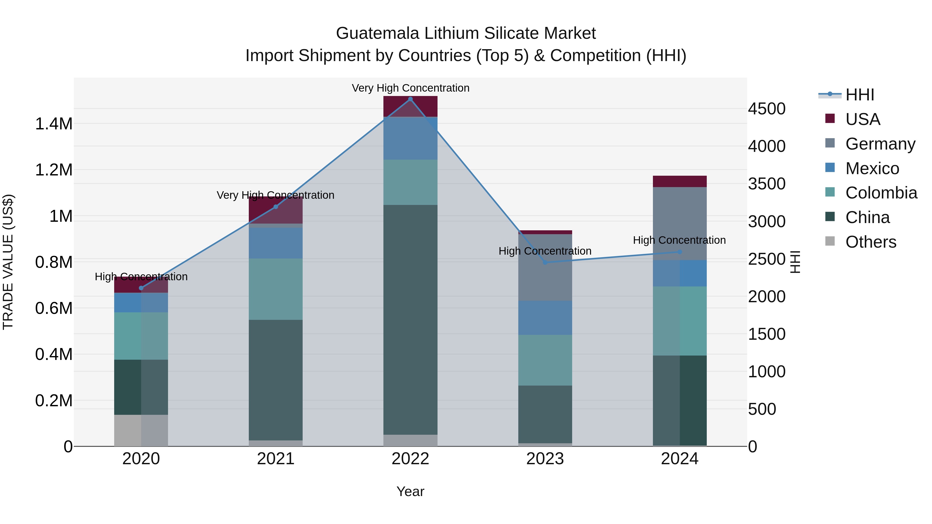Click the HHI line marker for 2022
click(410, 99)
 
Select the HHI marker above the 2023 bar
click(545, 262)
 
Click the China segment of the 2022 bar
click(410, 320)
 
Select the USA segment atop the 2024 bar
click(680, 181)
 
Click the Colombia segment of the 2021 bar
click(276, 289)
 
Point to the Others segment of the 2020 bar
click(141, 430)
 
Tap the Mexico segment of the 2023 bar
click(545, 318)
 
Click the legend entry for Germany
click(880, 144)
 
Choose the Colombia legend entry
click(881, 193)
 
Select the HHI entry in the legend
click(859, 95)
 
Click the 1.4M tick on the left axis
click(54, 124)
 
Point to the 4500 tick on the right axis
click(767, 109)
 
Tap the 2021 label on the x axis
click(276, 459)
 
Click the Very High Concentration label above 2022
click(410, 88)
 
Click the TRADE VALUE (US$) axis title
click(8, 262)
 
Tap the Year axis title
click(410, 491)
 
